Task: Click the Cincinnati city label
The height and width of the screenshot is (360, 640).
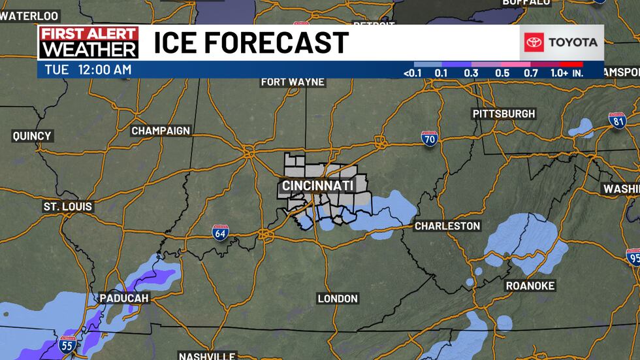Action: (317, 186)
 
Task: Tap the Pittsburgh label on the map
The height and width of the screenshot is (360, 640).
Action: (504, 114)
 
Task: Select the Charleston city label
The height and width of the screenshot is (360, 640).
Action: (447, 226)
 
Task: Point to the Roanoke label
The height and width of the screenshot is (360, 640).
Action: (530, 286)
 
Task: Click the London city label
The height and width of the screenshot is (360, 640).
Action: (338, 299)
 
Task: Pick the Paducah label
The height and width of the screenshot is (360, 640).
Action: (124, 298)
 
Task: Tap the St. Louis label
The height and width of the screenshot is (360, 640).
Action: (68, 206)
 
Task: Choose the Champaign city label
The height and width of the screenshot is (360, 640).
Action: (161, 131)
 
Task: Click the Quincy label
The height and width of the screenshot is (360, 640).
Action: (31, 136)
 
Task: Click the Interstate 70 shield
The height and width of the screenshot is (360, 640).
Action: (429, 138)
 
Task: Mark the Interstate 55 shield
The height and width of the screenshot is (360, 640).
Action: (67, 344)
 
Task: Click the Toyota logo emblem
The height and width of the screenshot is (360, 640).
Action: (534, 42)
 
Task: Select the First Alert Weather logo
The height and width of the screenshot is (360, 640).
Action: (88, 42)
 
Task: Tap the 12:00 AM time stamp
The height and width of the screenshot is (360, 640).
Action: (105, 69)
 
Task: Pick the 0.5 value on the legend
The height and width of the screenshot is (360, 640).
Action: (502, 73)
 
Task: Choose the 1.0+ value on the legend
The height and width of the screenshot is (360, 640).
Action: (559, 73)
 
